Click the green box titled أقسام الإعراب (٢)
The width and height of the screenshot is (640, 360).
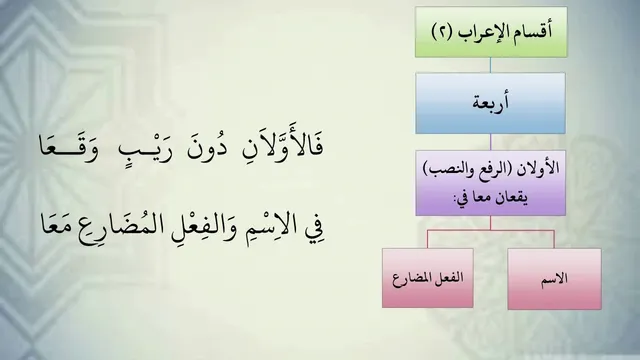click(x=491, y=32)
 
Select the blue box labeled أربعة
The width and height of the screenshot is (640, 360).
click(x=490, y=103)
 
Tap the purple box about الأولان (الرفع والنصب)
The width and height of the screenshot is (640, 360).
click(x=491, y=183)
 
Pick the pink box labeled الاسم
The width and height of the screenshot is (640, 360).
click(x=554, y=279)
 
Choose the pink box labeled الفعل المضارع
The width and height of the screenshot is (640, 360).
click(x=428, y=278)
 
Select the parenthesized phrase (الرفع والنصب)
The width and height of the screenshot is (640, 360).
click(x=469, y=169)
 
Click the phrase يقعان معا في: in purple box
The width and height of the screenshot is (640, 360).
click(x=491, y=198)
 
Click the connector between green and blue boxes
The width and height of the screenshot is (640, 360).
click(x=490, y=65)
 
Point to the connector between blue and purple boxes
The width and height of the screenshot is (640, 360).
click(x=490, y=142)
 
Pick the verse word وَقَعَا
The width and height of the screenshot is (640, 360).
click(x=69, y=148)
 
